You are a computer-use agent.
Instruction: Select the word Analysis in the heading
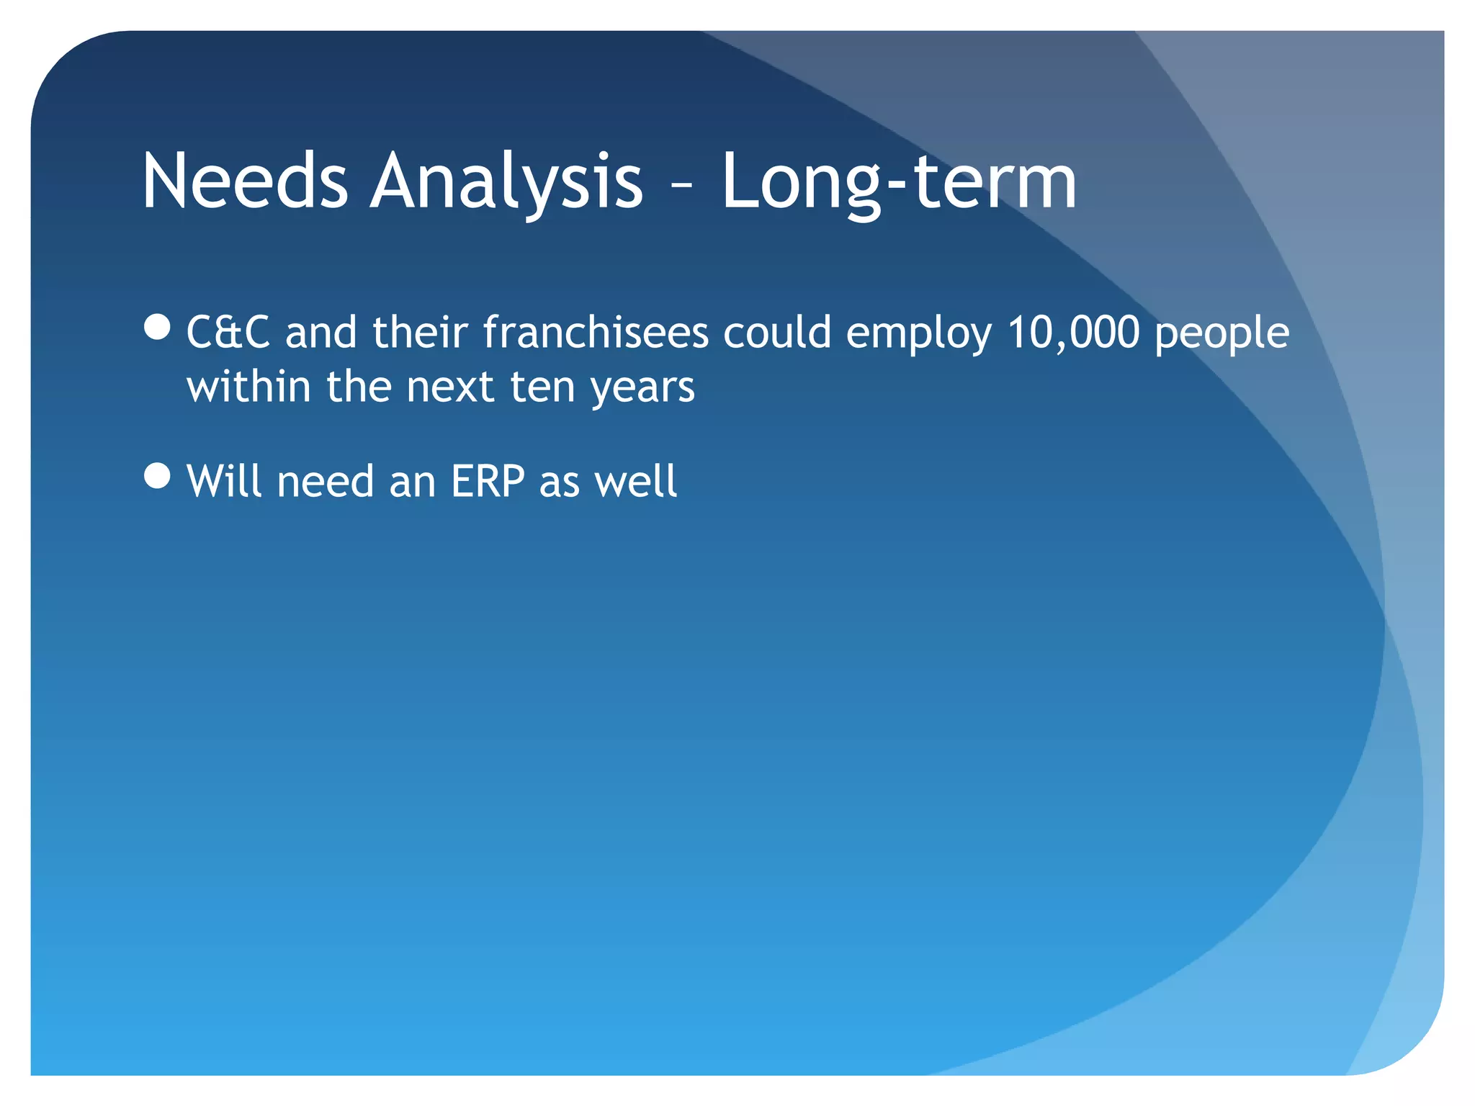click(506, 181)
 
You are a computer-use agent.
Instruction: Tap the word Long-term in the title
click(898, 181)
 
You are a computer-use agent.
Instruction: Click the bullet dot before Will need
click(157, 475)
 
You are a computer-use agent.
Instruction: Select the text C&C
click(228, 333)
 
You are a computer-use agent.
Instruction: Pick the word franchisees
click(596, 333)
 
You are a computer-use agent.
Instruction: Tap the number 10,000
click(1073, 333)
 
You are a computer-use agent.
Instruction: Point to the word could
click(777, 333)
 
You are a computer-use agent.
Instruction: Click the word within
click(248, 387)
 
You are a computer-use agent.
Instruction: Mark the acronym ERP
click(488, 481)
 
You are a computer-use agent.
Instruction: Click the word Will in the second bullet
click(224, 481)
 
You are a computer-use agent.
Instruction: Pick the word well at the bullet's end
click(636, 481)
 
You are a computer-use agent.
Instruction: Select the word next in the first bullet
click(450, 387)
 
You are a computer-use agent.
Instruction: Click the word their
click(420, 333)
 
